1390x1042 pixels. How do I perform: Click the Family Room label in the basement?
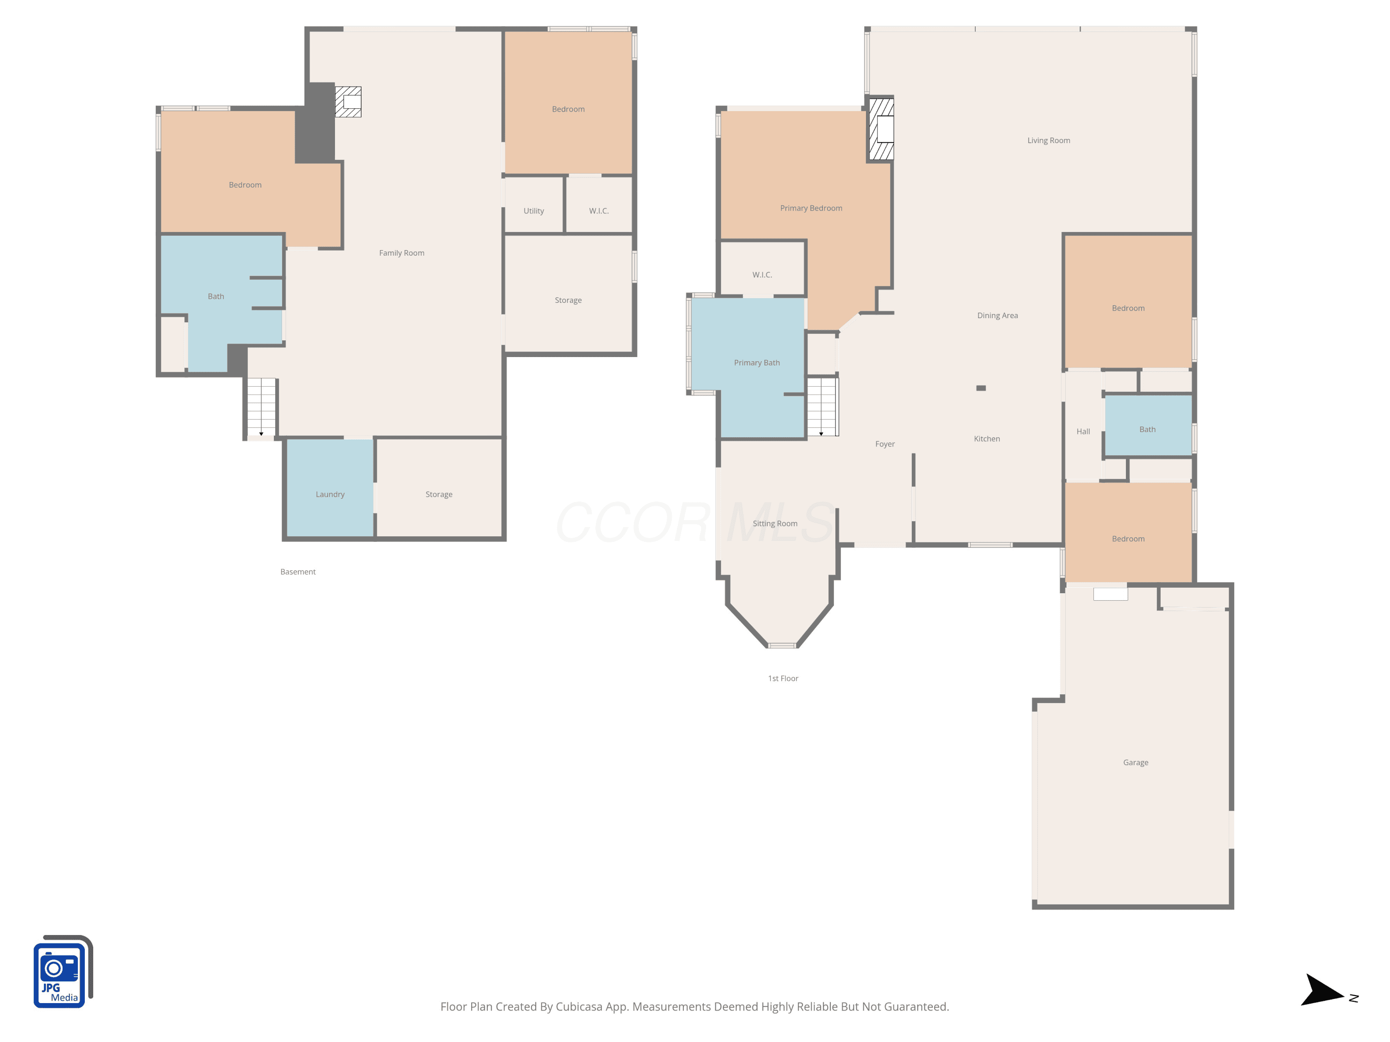click(402, 253)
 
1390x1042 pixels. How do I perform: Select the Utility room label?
click(533, 211)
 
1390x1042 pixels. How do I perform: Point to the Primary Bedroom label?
click(811, 208)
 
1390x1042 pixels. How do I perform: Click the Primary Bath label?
click(757, 363)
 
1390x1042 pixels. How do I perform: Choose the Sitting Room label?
click(775, 524)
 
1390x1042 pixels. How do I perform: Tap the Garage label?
click(1136, 762)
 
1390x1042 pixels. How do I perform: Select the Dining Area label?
click(997, 316)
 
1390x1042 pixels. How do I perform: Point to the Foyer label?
click(885, 444)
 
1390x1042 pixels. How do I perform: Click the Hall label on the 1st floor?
click(1083, 432)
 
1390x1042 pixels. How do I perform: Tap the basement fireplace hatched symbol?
click(348, 102)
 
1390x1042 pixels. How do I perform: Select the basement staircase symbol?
click(261, 407)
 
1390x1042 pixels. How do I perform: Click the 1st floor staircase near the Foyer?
click(822, 406)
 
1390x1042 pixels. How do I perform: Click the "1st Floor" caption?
click(783, 679)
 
